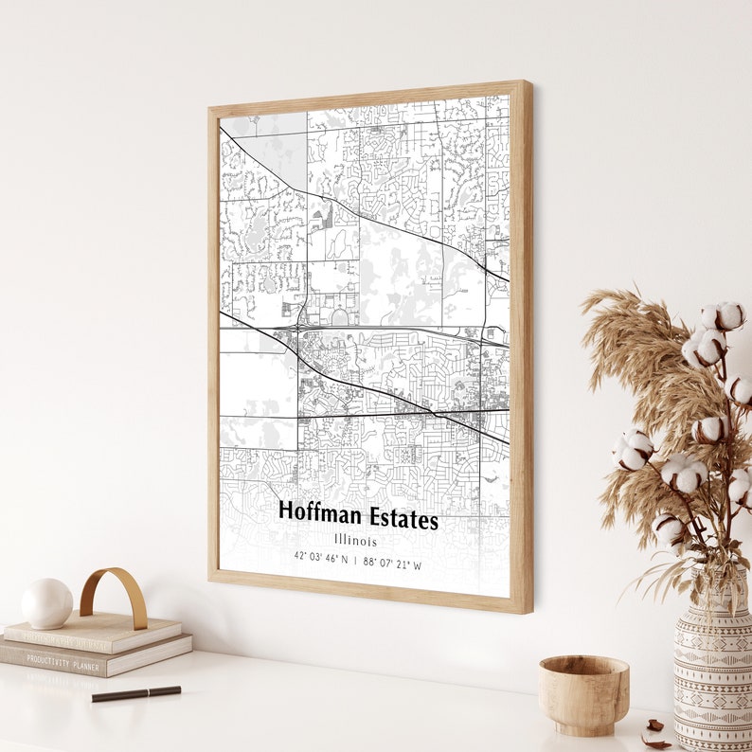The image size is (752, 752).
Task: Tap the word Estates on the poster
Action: click(x=402, y=520)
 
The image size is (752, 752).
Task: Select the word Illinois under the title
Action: click(x=355, y=541)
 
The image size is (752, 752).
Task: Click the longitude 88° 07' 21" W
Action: click(x=393, y=564)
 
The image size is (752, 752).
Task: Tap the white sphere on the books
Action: click(x=46, y=603)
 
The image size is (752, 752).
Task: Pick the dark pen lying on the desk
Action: click(x=136, y=693)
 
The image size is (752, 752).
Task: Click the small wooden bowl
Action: click(x=583, y=694)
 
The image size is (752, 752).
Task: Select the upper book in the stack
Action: click(x=95, y=632)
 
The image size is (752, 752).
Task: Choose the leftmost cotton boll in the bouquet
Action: click(x=634, y=448)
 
